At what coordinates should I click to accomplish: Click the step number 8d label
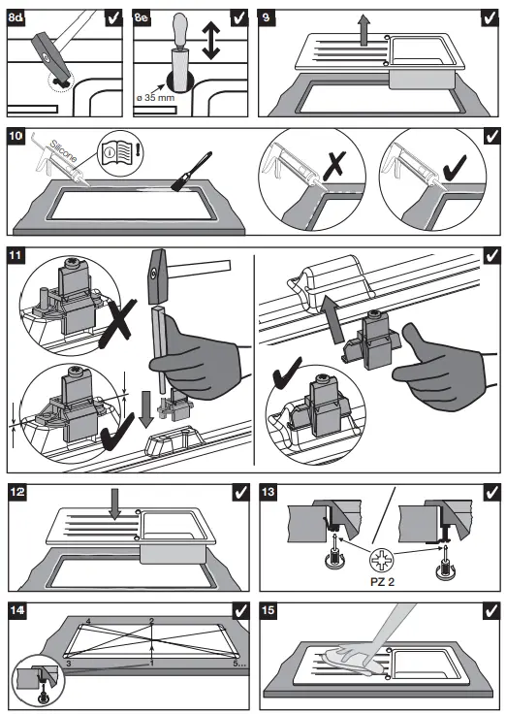[x=17, y=16]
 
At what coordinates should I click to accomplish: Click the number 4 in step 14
[x=87, y=620]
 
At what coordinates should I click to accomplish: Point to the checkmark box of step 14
[x=239, y=611]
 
